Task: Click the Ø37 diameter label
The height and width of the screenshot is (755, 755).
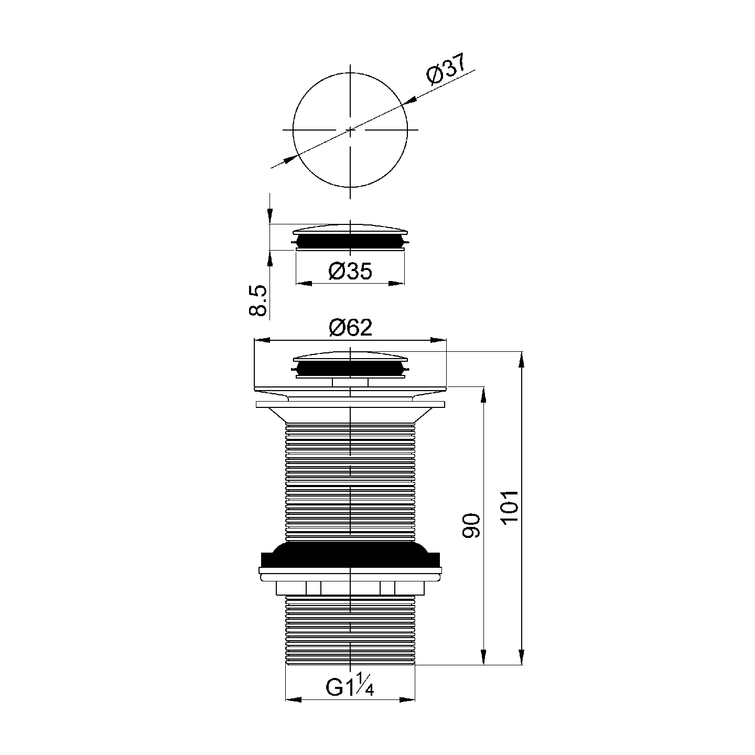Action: (446, 69)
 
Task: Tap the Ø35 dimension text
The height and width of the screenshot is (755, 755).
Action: (350, 271)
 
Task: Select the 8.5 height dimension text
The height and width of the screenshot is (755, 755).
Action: (258, 300)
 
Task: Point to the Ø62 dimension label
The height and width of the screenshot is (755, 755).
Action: (350, 328)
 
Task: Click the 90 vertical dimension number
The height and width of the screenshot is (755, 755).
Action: (471, 526)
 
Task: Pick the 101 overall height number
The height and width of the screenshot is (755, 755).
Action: (510, 506)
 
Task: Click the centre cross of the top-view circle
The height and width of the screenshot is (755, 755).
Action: (350, 130)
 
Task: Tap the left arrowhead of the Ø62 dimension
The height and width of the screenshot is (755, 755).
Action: (262, 340)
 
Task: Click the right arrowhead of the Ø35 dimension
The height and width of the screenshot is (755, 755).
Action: (396, 283)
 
